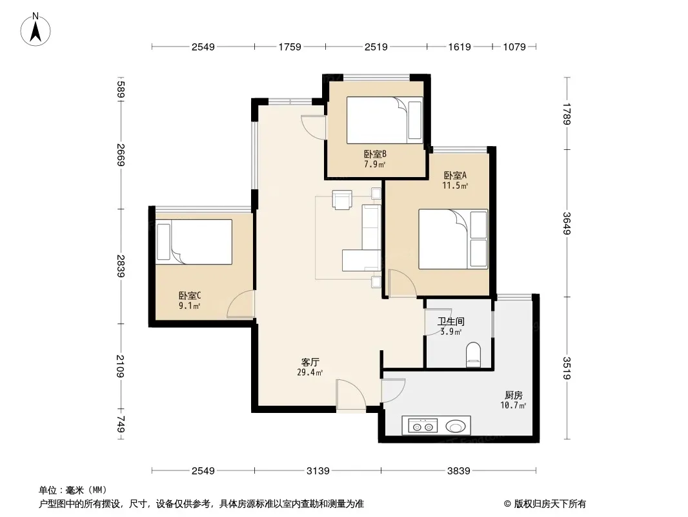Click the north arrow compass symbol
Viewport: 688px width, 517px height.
coord(35,30)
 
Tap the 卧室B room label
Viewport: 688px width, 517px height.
coord(375,154)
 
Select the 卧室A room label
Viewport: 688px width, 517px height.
coord(455,175)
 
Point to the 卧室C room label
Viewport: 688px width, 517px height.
coord(190,295)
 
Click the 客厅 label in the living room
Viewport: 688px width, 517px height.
coord(310,363)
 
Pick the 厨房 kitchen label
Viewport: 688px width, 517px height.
coord(513,395)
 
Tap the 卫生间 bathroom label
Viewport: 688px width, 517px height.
coord(450,322)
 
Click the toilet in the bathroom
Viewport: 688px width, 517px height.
coord(473,355)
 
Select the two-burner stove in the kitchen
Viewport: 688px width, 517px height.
coord(423,426)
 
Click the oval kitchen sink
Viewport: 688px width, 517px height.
coord(456,426)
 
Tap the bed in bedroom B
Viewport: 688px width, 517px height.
coord(385,120)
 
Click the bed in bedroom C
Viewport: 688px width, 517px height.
coord(194,242)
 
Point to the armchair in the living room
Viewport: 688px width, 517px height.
coord(342,200)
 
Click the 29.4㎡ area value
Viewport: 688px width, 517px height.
coord(310,373)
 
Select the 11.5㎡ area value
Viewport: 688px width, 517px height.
coord(455,185)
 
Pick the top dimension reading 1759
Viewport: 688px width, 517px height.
coord(290,47)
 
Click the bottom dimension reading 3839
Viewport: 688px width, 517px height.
coord(458,471)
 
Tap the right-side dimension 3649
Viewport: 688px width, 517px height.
coord(567,223)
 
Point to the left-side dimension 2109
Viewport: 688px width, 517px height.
coord(121,366)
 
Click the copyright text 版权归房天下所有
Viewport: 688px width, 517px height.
coord(550,504)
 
